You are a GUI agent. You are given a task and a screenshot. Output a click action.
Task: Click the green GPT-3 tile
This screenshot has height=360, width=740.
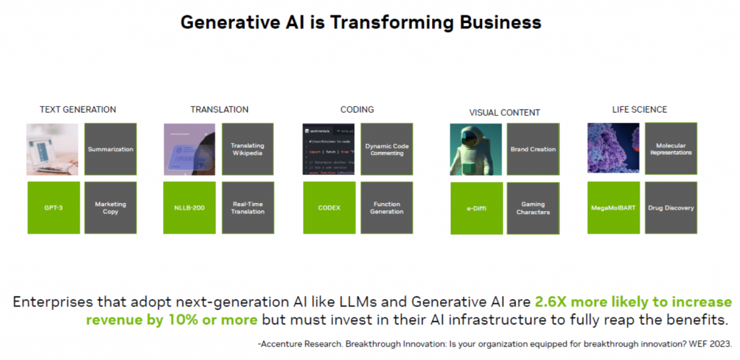[53, 207]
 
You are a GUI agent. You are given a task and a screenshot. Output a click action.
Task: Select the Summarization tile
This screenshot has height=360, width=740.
[111, 149]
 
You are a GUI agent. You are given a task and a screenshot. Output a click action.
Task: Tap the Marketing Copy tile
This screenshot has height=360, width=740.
[111, 207]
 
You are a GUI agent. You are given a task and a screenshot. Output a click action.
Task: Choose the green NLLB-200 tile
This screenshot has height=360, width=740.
[190, 207]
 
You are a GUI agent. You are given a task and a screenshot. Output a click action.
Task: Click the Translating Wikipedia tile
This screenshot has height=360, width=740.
[247, 149]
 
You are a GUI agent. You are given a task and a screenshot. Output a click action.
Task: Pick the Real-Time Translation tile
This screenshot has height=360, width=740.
[247, 207]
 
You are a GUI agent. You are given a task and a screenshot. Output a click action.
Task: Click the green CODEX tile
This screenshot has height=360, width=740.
[329, 207]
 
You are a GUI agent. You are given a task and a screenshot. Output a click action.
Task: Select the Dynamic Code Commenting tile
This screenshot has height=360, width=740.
[387, 149]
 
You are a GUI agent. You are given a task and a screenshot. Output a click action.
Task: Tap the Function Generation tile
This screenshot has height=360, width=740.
[387, 207]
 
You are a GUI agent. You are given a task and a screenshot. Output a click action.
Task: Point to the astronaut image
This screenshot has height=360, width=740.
[476, 149]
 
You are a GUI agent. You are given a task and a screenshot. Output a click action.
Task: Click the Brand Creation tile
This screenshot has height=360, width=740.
[533, 149]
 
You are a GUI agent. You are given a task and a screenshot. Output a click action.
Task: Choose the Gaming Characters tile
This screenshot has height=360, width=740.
[533, 208]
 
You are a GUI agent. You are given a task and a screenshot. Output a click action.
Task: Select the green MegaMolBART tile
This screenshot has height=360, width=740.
[614, 207]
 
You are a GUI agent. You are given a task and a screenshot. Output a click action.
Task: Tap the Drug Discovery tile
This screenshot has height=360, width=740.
[671, 207]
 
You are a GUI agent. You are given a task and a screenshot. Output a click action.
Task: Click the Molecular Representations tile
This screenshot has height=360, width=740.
[671, 148]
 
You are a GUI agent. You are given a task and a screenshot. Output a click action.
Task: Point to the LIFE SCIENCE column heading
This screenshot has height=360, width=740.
[639, 110]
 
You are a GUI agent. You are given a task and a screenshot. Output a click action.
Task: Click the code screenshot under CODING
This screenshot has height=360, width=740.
[329, 149]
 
